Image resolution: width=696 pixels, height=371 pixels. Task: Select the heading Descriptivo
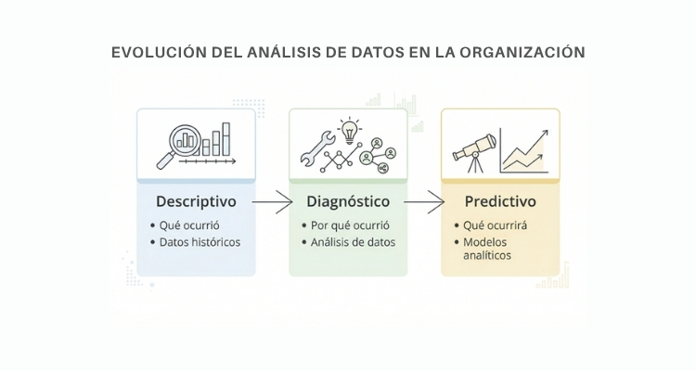(196, 202)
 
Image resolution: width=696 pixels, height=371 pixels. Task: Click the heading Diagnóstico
(348, 202)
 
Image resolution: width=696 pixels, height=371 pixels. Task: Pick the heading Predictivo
(500, 201)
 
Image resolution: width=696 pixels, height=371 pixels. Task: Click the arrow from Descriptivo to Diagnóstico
(272, 202)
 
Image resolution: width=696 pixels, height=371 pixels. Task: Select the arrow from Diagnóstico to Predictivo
(424, 202)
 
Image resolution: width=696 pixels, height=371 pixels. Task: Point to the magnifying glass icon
(179, 145)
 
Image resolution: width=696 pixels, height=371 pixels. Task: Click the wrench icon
(317, 148)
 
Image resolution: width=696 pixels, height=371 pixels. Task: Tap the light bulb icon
(350, 131)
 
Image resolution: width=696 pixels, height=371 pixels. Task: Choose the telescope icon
(474, 153)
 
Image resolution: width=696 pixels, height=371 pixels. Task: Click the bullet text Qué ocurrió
(189, 225)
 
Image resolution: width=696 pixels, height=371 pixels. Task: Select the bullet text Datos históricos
(200, 242)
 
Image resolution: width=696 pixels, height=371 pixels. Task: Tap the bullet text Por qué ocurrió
(350, 225)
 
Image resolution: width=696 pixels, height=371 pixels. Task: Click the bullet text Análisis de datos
(353, 242)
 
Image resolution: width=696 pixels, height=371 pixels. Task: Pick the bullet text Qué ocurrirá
(496, 225)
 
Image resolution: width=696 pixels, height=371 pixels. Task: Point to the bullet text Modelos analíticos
(487, 249)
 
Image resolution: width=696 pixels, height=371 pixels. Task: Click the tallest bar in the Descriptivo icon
(226, 139)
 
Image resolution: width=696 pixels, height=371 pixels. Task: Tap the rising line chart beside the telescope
(524, 151)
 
